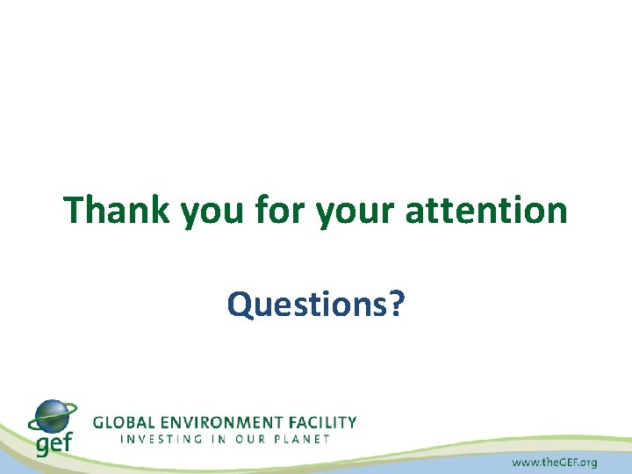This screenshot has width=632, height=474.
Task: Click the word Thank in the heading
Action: (x=118, y=211)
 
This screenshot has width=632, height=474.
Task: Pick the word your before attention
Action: (x=351, y=212)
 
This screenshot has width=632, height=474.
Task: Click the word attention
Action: (x=486, y=211)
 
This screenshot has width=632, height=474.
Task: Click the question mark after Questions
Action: (x=397, y=305)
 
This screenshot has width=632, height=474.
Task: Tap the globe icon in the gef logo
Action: (x=53, y=415)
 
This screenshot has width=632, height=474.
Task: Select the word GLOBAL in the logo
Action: (x=124, y=422)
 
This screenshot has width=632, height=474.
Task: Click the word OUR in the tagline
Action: (x=255, y=439)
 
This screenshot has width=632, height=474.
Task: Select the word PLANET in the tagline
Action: (x=305, y=439)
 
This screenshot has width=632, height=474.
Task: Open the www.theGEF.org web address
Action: (x=554, y=462)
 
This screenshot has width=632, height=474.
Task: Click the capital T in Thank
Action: (x=75, y=211)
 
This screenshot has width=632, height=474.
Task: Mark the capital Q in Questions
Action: (x=239, y=305)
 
